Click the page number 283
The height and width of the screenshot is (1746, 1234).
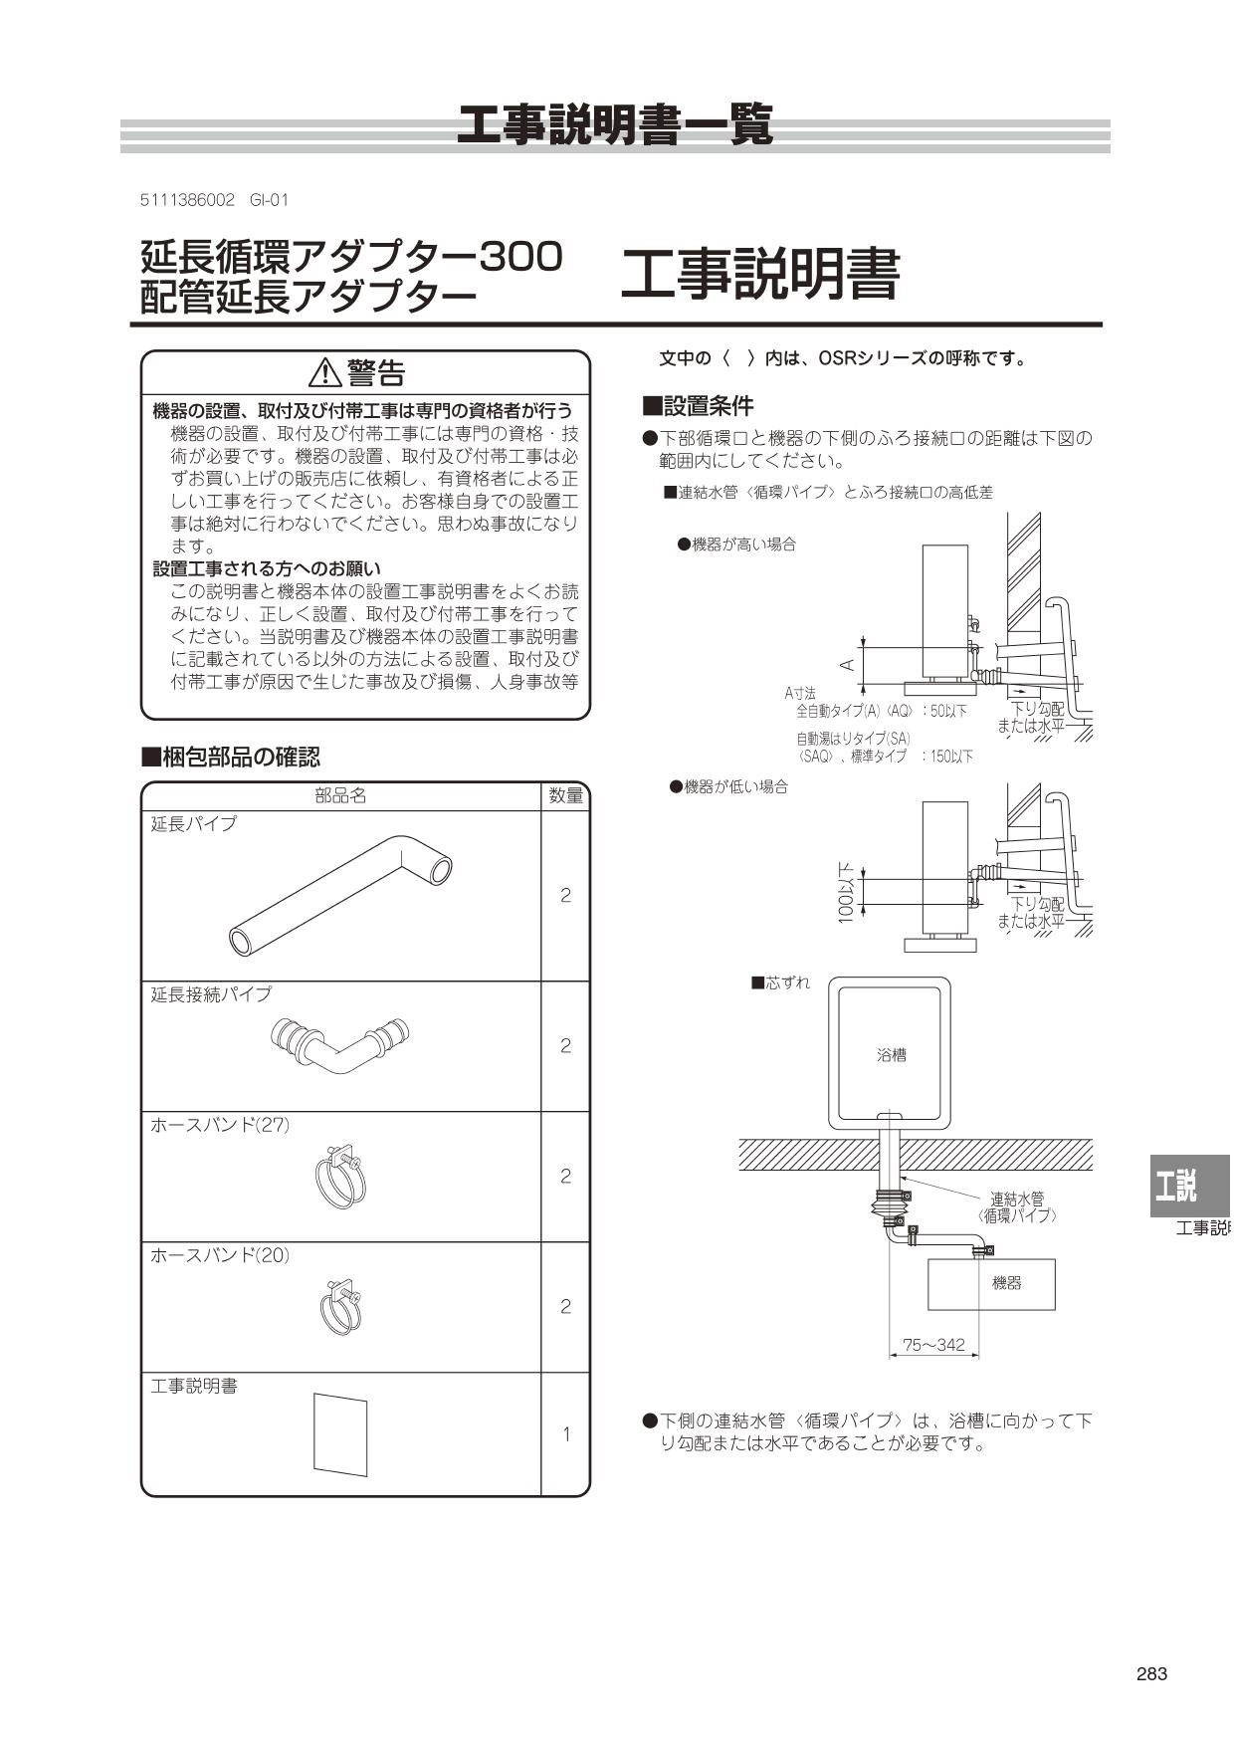coord(1150,1673)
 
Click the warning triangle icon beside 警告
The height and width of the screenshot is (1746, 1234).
coord(325,373)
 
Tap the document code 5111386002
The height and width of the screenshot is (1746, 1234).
coord(187,200)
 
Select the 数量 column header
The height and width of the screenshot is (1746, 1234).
coord(565,795)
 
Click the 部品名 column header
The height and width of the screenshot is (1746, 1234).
coord(340,795)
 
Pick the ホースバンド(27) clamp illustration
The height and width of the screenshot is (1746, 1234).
coord(340,1177)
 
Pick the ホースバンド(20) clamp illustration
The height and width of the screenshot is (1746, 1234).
coord(340,1307)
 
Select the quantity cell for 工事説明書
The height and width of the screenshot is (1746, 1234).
coord(565,1434)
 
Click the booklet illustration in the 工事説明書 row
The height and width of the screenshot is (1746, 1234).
coord(340,1434)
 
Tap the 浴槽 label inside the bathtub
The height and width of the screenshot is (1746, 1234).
coord(891,1055)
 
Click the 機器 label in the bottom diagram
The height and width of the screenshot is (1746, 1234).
coord(1006,1283)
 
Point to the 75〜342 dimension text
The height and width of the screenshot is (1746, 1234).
coord(932,1345)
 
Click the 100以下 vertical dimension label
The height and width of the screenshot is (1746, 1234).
coord(846,893)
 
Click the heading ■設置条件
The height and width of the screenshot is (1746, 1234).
coord(698,406)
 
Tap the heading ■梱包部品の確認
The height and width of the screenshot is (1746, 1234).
coord(231,757)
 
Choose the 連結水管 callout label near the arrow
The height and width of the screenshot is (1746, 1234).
coord(1016,1200)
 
